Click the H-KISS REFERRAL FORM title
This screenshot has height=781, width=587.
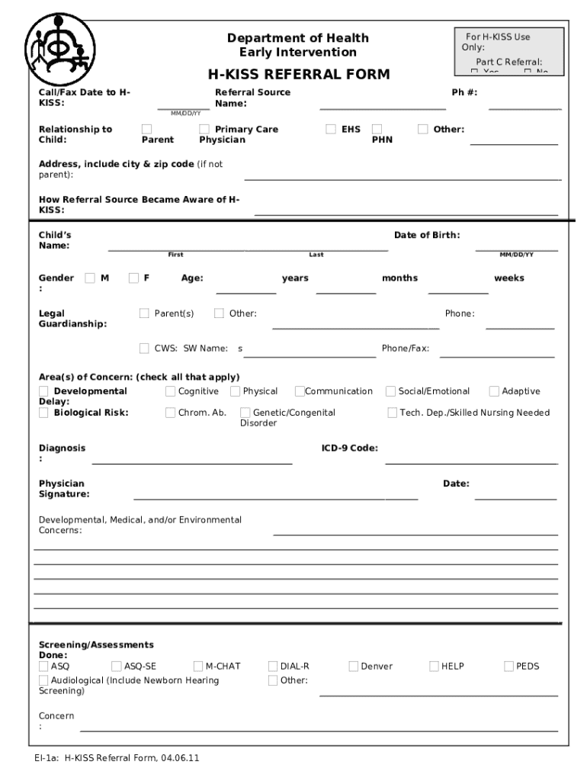299,75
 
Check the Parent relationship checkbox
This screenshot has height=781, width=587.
147,129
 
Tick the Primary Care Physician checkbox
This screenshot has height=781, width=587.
204,129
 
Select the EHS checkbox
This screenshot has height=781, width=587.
331,129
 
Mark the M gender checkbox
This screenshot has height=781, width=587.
91,278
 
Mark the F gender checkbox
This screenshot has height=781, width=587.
134,278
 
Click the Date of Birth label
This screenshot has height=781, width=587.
427,235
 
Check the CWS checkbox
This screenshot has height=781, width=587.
145,349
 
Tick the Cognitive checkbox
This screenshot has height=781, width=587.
171,391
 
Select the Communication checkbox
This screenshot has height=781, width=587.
300,391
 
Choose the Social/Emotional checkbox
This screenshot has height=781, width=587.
391,391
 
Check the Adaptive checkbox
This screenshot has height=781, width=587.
495,391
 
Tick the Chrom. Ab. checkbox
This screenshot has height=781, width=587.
171,413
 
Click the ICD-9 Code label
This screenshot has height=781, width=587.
349,448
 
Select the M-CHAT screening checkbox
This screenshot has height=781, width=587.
199,666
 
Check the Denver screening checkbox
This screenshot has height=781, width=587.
354,666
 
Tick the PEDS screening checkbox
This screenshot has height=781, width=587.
509,666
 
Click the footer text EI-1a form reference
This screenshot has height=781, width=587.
117,758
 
